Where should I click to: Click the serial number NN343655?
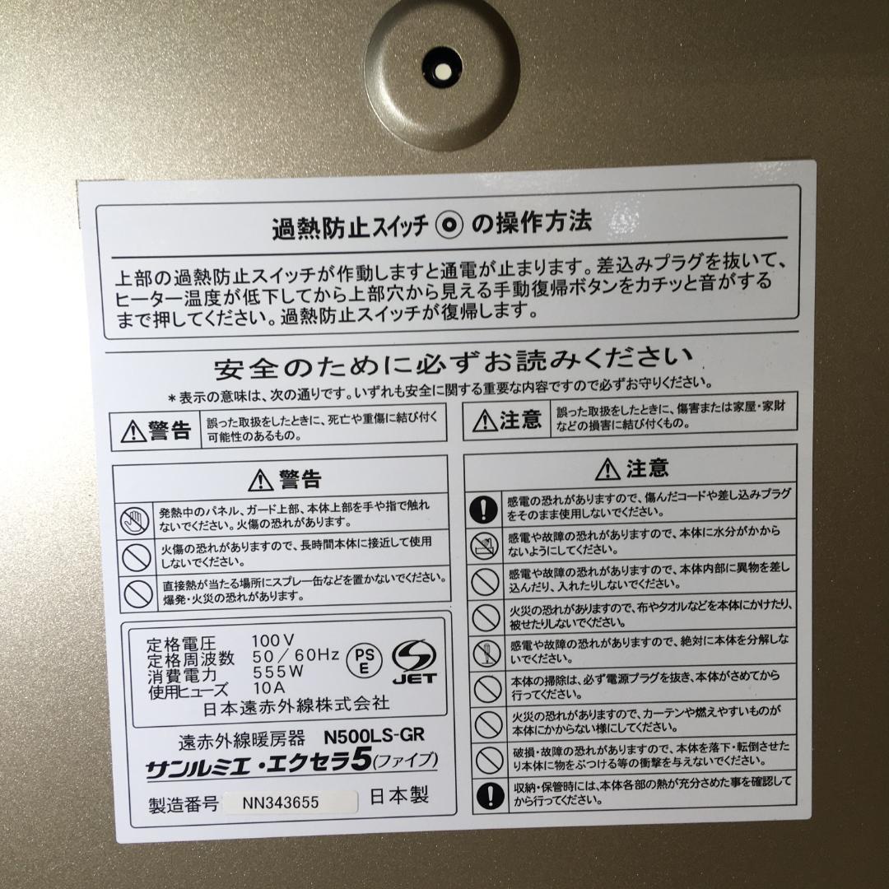pyautogui.click(x=280, y=803)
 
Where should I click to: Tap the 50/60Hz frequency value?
pyautogui.click(x=296, y=654)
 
